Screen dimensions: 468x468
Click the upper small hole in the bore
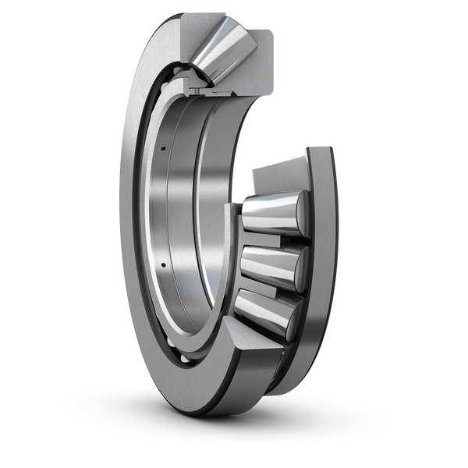[165, 148]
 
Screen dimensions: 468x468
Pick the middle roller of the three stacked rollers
[269, 265]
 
